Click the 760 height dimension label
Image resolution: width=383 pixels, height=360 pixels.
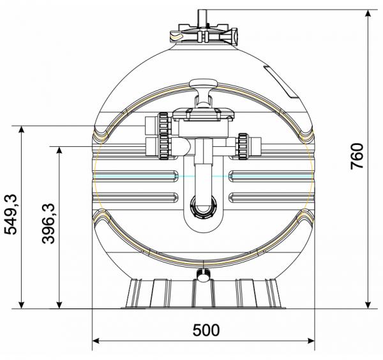[357, 156]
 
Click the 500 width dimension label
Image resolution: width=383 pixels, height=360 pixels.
[206, 330]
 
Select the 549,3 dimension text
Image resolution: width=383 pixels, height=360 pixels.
[11, 214]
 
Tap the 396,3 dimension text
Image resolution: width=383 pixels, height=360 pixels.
[49, 223]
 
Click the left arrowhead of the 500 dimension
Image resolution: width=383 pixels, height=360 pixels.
[96, 341]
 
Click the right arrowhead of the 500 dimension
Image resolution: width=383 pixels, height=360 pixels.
[311, 341]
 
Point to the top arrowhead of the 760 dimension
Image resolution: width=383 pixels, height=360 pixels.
[368, 13]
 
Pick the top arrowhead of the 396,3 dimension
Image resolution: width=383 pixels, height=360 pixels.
[59, 151]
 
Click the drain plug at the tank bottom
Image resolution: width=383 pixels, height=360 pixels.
[204, 274]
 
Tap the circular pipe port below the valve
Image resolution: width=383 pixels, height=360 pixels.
[203, 206]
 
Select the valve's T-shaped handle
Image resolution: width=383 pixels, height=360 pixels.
[203, 93]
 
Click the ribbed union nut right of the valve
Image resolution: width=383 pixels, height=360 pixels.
[243, 146]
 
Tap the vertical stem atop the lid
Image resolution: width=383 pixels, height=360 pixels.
[202, 18]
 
